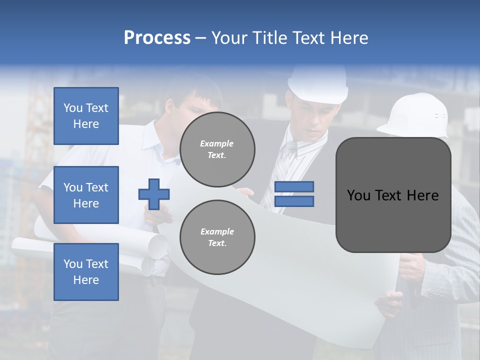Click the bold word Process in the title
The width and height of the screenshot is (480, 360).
[x=157, y=38]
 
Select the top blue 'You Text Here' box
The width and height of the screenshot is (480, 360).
[x=86, y=116]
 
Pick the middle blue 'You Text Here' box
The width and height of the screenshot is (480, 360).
[x=86, y=195]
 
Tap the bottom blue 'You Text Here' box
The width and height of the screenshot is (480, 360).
[x=86, y=271]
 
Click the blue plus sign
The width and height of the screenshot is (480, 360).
[x=154, y=194]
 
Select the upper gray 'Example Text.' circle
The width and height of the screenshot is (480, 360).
[x=217, y=149]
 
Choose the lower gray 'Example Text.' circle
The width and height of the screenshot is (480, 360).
[x=217, y=237]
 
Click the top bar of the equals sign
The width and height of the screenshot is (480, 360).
[x=294, y=187]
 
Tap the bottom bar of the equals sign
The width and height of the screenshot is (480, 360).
[x=294, y=201]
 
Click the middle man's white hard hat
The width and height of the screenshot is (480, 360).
[x=318, y=85]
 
